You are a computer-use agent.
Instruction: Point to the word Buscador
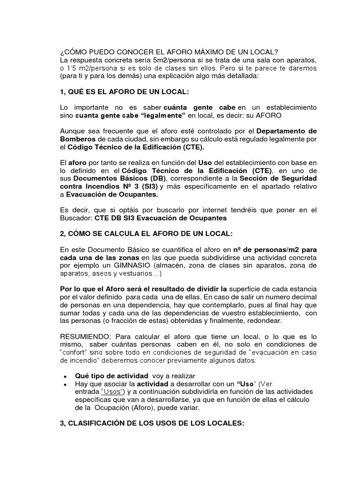[x=76, y=218]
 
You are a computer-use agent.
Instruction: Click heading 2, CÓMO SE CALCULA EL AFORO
[x=146, y=233]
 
